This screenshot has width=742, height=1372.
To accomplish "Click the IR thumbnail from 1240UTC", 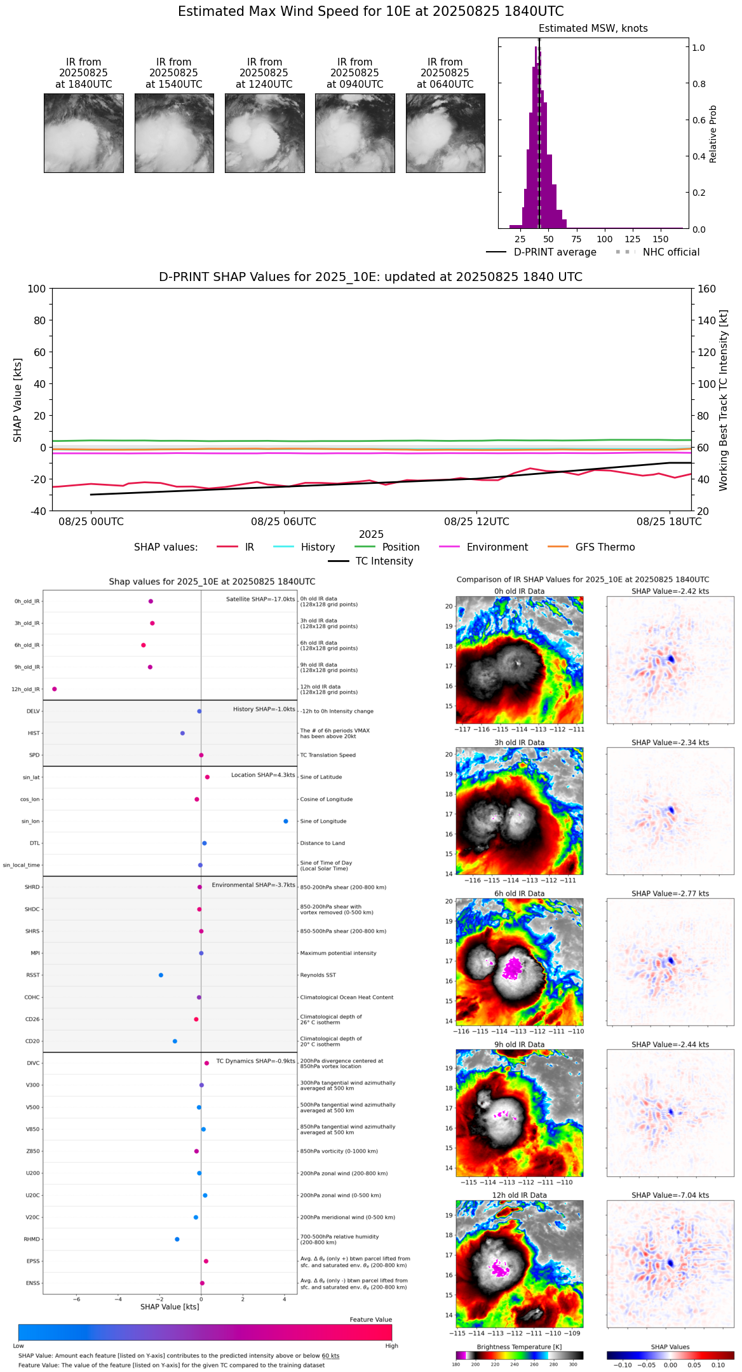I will click(264, 133).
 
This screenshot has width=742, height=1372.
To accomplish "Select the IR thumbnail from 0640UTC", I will click(445, 133).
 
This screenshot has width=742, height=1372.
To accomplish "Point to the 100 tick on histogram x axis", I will click(605, 239).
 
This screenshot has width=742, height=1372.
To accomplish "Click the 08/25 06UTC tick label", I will click(283, 522).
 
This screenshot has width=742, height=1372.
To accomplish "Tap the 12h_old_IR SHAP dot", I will click(55, 689).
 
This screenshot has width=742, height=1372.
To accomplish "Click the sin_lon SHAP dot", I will click(286, 821).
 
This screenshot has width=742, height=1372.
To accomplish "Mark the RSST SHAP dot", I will click(161, 975).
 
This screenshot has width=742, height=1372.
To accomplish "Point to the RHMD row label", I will click(32, 1239).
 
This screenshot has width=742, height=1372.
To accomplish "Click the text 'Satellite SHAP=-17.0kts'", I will click(260, 600).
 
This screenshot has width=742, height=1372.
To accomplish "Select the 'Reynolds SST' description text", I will click(318, 975).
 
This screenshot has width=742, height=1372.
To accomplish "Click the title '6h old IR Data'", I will click(519, 893).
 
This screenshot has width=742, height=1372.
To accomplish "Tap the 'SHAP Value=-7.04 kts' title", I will click(670, 1195).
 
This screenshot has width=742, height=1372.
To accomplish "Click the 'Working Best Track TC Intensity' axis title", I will click(724, 401).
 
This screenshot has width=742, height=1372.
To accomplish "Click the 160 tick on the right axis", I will click(706, 289).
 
